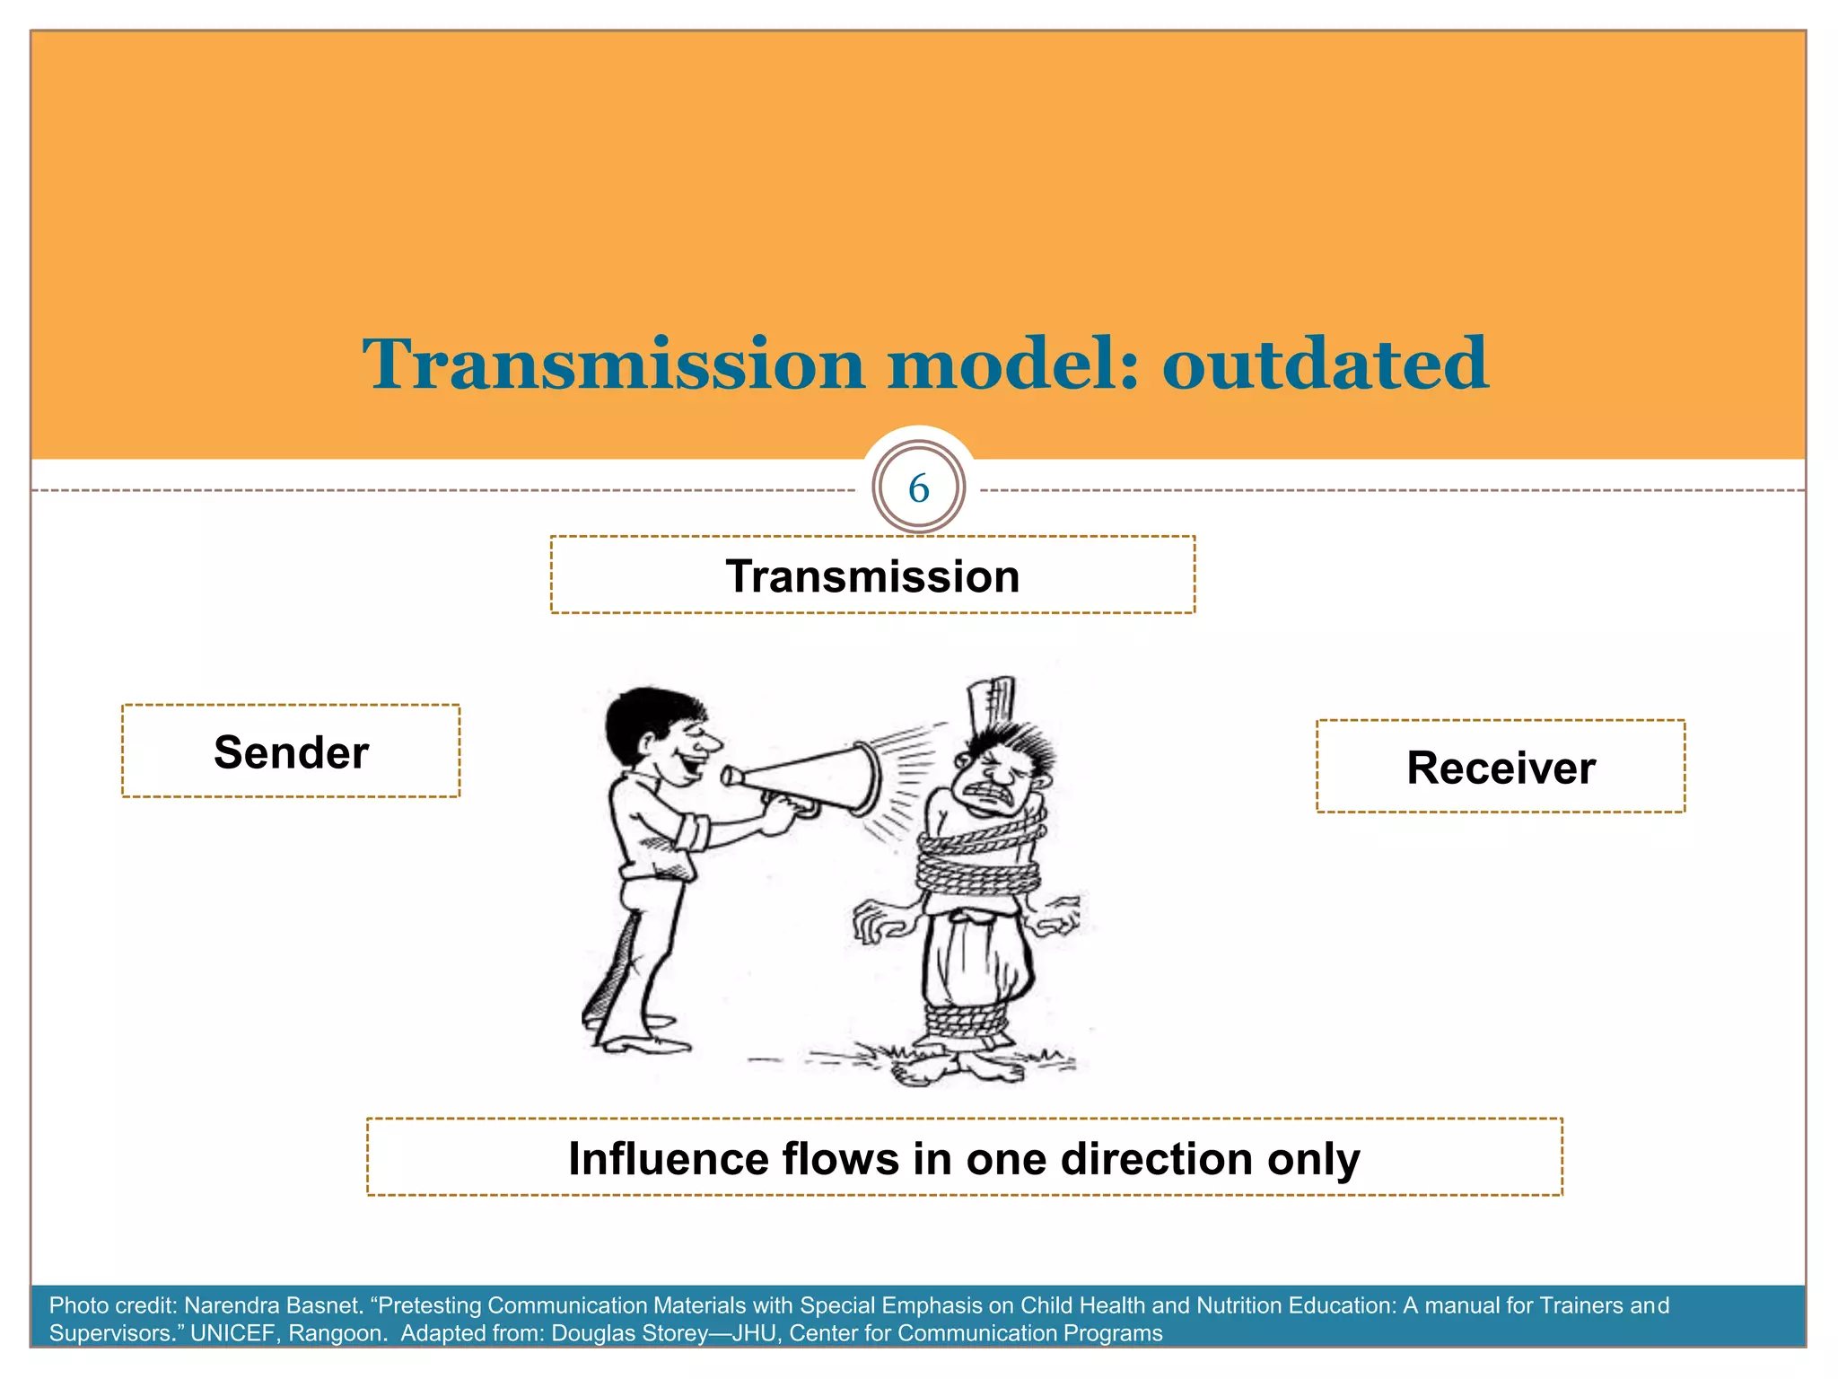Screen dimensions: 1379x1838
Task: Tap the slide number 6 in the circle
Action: [x=918, y=488]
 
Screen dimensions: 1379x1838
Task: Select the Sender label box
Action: [x=291, y=751]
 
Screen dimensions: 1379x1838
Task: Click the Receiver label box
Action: [x=1501, y=767]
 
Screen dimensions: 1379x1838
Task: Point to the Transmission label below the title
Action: [x=872, y=575]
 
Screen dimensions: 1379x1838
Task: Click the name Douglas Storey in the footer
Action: [x=629, y=1333]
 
